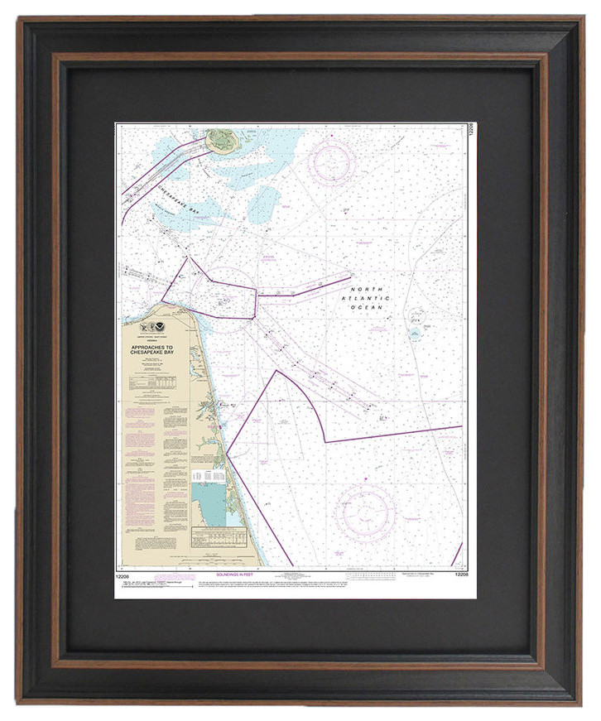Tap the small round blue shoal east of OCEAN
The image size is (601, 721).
click(414, 334)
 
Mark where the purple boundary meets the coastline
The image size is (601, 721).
click(227, 452)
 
